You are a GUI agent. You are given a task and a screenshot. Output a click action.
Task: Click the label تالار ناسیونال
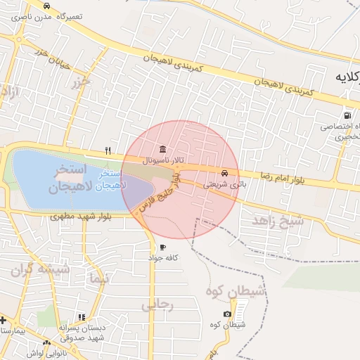tap(163, 160)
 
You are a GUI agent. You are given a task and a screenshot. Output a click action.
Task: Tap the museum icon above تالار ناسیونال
tap(163, 150)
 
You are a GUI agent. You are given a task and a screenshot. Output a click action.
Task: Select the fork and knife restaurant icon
tap(108, 150)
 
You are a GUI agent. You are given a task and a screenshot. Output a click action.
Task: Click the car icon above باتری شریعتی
tap(224, 173)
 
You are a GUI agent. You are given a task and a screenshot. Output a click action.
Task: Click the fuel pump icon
tap(347, 115)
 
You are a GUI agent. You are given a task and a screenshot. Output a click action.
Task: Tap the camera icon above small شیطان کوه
tap(226, 314)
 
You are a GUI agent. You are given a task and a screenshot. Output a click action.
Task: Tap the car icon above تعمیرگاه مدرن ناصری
tap(46, 4)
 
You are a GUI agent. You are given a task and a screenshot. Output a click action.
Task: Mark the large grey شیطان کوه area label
tap(236, 290)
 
